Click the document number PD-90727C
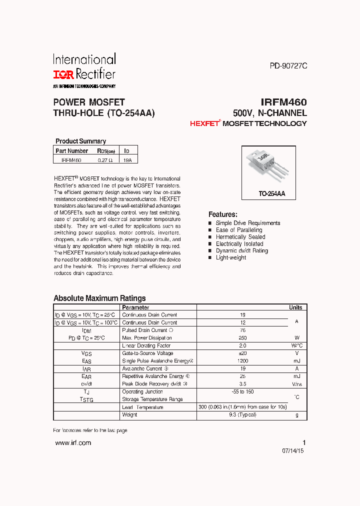[288, 65]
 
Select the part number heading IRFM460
[283, 102]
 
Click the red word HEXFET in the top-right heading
[204, 123]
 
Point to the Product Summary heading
[80, 141]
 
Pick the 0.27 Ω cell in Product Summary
[105, 160]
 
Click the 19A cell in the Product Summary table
[127, 160]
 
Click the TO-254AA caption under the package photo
[271, 193]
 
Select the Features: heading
[222, 214]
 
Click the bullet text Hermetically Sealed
[240, 237]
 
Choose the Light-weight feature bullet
[231, 257]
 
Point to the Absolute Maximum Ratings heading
[99, 298]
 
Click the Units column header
[295, 307]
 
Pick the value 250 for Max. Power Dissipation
[242, 338]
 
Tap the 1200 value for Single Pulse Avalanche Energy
[242, 360]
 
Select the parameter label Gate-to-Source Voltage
[147, 353]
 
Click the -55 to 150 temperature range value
[242, 391]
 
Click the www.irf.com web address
[73, 443]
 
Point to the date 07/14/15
[293, 450]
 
